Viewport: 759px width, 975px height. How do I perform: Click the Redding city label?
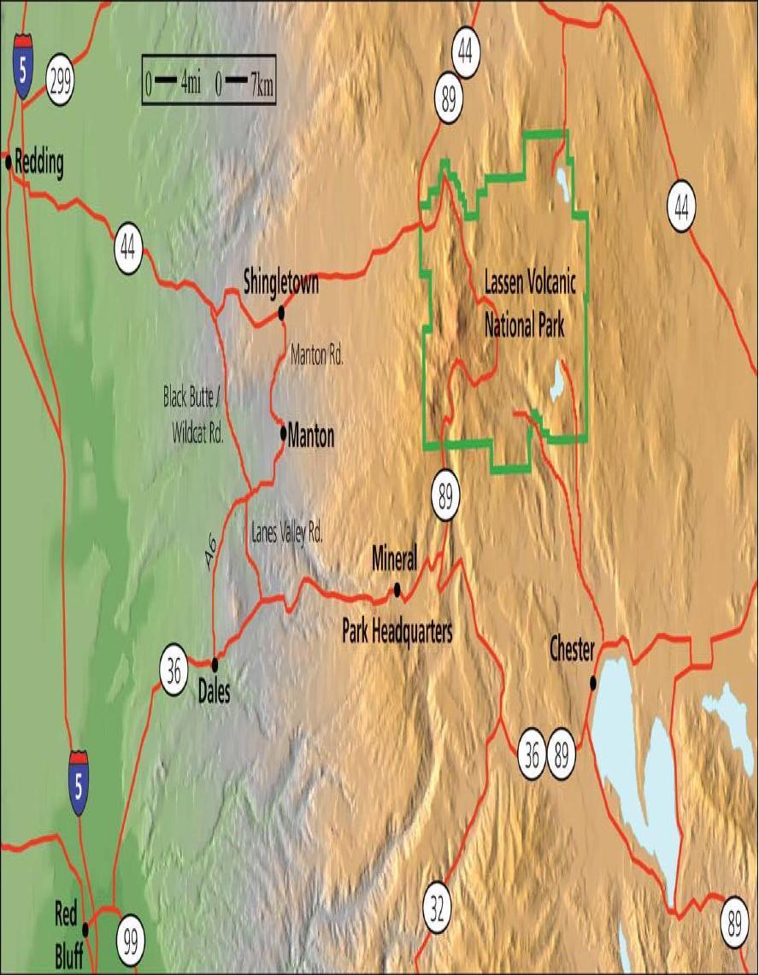[39, 164]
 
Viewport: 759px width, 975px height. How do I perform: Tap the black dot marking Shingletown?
[281, 314]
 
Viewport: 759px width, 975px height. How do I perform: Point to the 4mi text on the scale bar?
[191, 85]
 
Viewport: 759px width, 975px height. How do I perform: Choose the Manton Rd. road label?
[317, 356]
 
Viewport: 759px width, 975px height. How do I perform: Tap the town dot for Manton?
[283, 432]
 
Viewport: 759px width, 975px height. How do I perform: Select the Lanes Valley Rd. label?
[287, 535]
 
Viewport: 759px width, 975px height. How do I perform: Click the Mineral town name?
[394, 560]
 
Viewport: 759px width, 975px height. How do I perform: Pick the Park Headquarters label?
[397, 631]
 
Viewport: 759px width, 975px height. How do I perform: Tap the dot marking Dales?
[215, 663]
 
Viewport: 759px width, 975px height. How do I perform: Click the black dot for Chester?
[592, 682]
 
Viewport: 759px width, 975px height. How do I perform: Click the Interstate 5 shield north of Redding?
[24, 66]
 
